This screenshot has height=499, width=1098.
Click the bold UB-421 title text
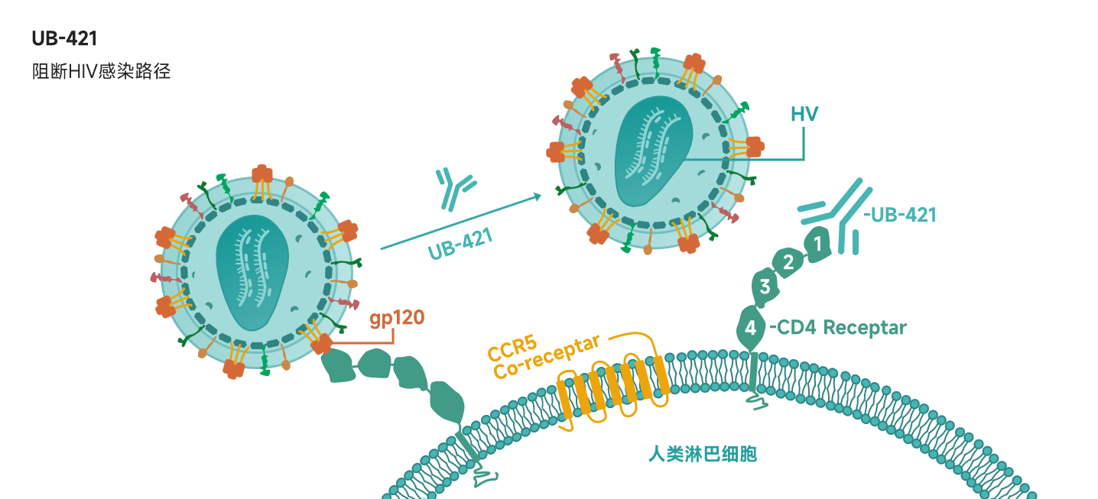[64, 38]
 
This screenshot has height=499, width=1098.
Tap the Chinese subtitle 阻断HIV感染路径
[102, 72]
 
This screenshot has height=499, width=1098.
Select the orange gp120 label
[397, 319]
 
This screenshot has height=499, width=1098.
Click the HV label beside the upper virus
[804, 114]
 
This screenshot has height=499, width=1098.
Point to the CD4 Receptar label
[838, 327]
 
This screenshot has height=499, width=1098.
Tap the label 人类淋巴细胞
[703, 453]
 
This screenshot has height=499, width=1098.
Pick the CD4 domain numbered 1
[817, 244]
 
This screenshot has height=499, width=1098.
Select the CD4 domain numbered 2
[788, 262]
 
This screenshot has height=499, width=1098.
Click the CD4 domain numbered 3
[765, 287]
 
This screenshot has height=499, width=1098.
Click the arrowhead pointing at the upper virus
[538, 196]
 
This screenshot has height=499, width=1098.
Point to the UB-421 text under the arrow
[460, 244]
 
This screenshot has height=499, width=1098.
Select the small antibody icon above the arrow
[455, 189]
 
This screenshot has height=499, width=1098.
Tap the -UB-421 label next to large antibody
[900, 215]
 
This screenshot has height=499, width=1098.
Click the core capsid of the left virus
[252, 272]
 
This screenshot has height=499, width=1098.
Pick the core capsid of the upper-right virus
[654, 151]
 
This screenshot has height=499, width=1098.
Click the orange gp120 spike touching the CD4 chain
[322, 343]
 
